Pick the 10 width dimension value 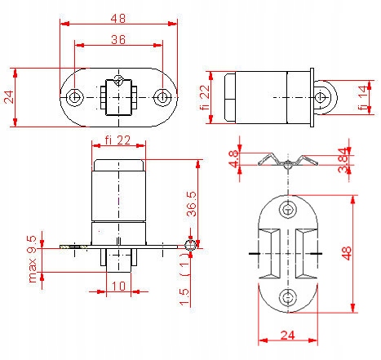[119, 285]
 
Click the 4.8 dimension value [234, 159]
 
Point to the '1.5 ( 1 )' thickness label [186, 285]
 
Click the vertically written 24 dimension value [8, 97]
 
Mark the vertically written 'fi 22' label [206, 98]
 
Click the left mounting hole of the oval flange [75, 98]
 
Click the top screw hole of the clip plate [286, 210]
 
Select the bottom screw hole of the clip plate [286, 297]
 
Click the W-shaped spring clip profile [287, 162]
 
